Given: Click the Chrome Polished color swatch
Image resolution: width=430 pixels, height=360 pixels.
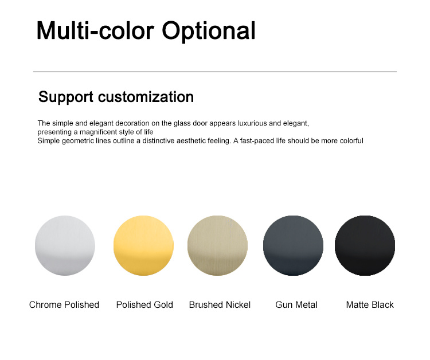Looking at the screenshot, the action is tap(65, 245).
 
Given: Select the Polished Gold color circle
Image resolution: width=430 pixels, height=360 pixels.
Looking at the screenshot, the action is tap(143, 245).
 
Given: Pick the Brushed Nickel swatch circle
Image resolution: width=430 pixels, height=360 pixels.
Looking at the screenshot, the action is tap(217, 245).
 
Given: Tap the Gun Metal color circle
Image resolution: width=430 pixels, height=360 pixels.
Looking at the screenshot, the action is tap(293, 245).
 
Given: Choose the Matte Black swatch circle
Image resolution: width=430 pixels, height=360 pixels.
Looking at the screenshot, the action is tap(365, 245).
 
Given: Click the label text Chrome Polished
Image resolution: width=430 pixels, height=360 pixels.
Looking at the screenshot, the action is tap(64, 304).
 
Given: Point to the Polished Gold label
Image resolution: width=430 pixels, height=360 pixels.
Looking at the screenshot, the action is tap(144, 304).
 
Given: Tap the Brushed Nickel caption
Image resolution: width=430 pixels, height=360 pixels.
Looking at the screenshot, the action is tap(220, 304).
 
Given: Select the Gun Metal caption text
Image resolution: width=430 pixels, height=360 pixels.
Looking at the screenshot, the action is tap(296, 304).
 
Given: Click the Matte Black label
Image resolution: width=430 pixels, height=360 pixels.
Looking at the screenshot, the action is tap(370, 304).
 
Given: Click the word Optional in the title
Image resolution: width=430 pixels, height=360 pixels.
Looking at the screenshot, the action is tap(209, 32).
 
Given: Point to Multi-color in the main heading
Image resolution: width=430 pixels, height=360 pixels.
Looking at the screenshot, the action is tap(95, 30).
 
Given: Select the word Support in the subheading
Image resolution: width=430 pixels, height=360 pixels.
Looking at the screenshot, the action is tap(66, 97).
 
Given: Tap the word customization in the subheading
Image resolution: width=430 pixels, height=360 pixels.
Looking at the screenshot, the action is tap(146, 97).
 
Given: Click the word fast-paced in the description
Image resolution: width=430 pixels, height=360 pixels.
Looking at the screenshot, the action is tap(257, 141).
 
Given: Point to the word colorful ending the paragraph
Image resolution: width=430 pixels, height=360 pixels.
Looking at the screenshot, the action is tap(351, 140).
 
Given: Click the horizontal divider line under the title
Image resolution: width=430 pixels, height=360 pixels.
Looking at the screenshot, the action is tap(215, 72).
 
